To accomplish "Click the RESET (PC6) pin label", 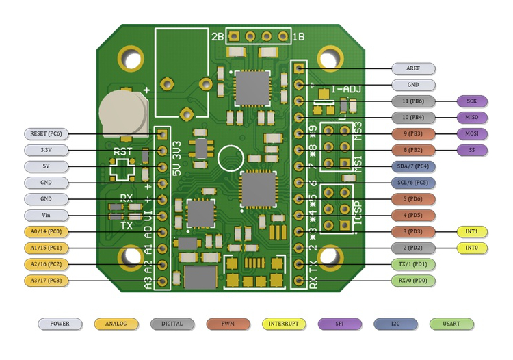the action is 46,133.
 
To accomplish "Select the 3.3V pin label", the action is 46,150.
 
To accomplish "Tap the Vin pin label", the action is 46,216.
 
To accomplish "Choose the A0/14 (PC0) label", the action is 46,232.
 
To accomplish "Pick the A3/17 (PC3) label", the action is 46,281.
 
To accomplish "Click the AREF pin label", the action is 413,68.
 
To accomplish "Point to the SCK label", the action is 472,101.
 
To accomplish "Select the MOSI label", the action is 472,133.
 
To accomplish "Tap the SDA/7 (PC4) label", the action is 413,166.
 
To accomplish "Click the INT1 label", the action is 472,231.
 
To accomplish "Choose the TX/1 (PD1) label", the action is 413,264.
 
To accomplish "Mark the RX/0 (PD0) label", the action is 413,281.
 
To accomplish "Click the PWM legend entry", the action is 228,324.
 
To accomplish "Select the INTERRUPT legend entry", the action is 284,324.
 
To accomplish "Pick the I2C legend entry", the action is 395,324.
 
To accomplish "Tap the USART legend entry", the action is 451,324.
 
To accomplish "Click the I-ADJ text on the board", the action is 346,89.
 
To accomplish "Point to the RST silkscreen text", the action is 123,152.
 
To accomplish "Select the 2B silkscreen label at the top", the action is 218,37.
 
